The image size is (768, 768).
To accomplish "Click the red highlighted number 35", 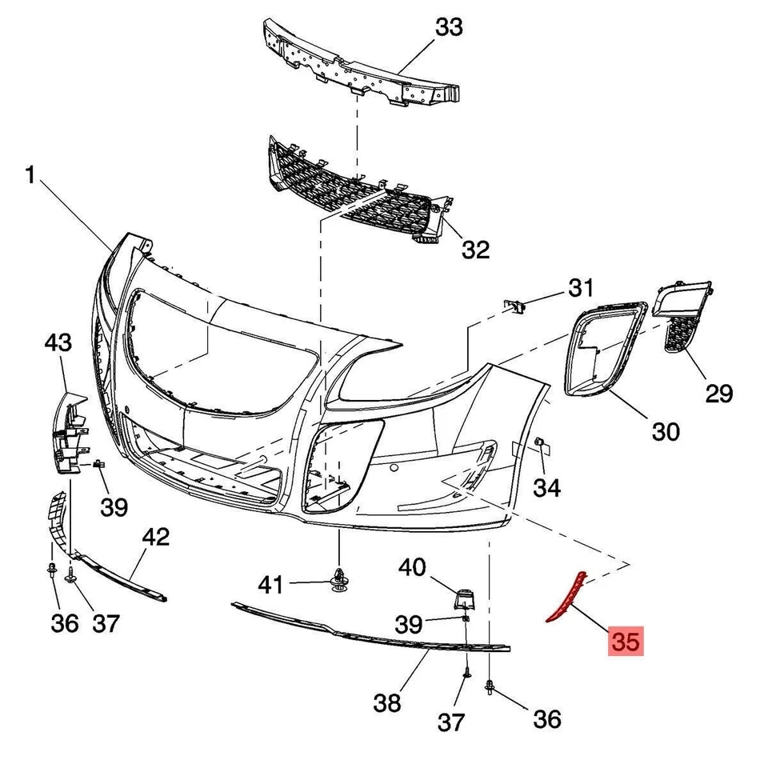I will (626, 642).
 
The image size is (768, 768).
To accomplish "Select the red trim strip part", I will (565, 597).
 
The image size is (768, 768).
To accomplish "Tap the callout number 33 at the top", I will (449, 28).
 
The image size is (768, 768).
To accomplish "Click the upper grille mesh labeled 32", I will (352, 188).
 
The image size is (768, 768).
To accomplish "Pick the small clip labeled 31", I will (516, 305).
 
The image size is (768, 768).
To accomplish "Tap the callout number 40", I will (413, 567).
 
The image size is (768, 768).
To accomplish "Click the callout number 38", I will (387, 703).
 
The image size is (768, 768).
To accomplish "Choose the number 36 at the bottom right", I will (547, 719).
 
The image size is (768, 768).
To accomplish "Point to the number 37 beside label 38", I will (450, 722).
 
